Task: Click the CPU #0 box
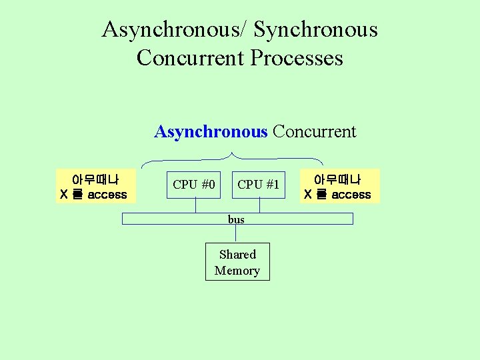(x=194, y=185)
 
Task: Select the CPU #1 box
(x=259, y=185)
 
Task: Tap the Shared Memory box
(x=237, y=262)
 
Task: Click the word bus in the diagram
(x=236, y=219)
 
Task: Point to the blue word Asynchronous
(x=210, y=131)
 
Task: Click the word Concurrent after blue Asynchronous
(x=314, y=131)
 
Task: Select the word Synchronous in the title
(x=316, y=30)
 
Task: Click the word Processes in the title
(x=297, y=58)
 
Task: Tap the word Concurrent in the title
(x=190, y=58)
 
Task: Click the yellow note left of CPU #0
(x=96, y=187)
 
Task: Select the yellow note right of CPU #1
(x=339, y=187)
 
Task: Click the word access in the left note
(x=107, y=195)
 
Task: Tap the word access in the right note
(x=351, y=195)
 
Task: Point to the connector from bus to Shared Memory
(x=236, y=233)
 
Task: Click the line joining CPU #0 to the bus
(x=195, y=206)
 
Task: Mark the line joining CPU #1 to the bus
(x=259, y=206)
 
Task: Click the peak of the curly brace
(x=231, y=154)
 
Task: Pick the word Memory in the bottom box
(x=237, y=271)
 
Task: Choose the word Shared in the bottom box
(x=237, y=254)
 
